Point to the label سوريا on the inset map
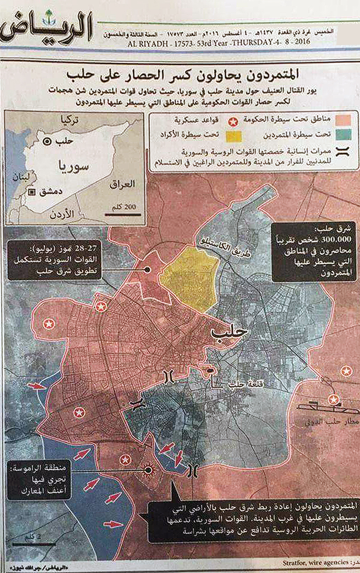pos(71,165)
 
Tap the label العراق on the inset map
pos(122,184)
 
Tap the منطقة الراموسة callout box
pos(39,479)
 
